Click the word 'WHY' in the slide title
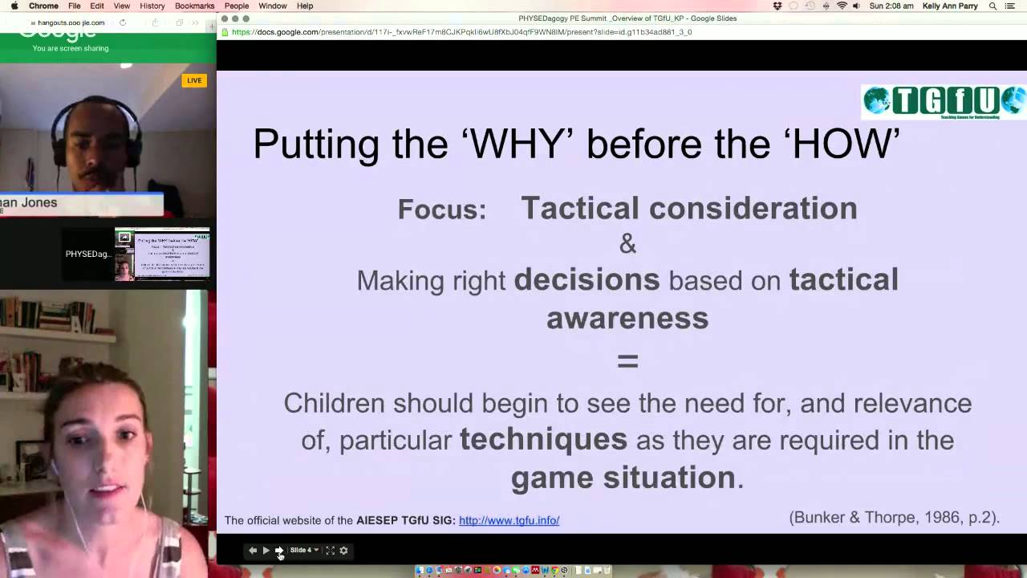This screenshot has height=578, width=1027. (517, 144)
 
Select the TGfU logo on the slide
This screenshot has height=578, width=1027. (943, 102)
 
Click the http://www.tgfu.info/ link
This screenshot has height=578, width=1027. (509, 520)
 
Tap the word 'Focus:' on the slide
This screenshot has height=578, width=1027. (442, 210)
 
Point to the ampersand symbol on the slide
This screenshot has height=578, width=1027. (627, 244)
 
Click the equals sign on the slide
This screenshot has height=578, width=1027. (627, 361)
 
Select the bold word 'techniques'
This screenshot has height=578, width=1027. (543, 440)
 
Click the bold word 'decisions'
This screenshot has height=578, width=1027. (587, 280)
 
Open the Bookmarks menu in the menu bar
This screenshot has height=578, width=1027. (194, 6)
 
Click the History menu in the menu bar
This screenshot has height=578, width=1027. (152, 6)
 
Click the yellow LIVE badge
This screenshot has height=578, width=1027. (194, 80)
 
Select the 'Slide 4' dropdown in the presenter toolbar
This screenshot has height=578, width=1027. (304, 550)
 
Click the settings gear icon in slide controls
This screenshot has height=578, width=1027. (343, 550)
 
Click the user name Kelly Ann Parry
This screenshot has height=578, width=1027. (951, 6)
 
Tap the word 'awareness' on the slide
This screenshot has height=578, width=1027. (627, 318)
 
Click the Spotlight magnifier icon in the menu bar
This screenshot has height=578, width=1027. (992, 6)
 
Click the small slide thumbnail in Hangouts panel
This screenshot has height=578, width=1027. (162, 254)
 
